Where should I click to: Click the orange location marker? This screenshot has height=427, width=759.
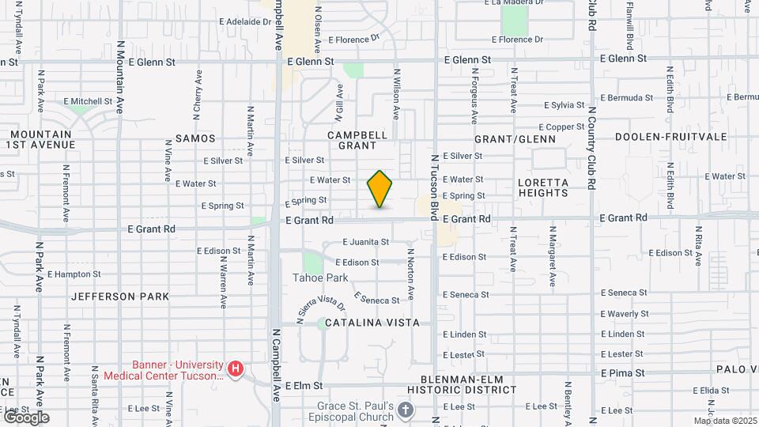(x=379, y=189)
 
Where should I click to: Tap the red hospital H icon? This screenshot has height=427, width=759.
(x=235, y=368)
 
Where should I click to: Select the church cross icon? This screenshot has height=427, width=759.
(x=406, y=410)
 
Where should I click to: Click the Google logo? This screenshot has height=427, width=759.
(x=25, y=417)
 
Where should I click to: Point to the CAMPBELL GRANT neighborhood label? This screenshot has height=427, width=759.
(x=357, y=140)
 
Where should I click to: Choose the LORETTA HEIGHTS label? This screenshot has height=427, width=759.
(x=543, y=187)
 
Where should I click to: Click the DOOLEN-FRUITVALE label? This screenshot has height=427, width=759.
(x=671, y=137)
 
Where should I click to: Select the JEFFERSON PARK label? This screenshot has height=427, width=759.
(x=120, y=297)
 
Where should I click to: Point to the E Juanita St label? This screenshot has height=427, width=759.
(x=366, y=242)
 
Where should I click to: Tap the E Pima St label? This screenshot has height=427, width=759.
(x=623, y=372)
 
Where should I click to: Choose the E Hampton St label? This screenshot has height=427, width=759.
(x=74, y=274)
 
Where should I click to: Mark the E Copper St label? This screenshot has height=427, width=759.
(x=561, y=127)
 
